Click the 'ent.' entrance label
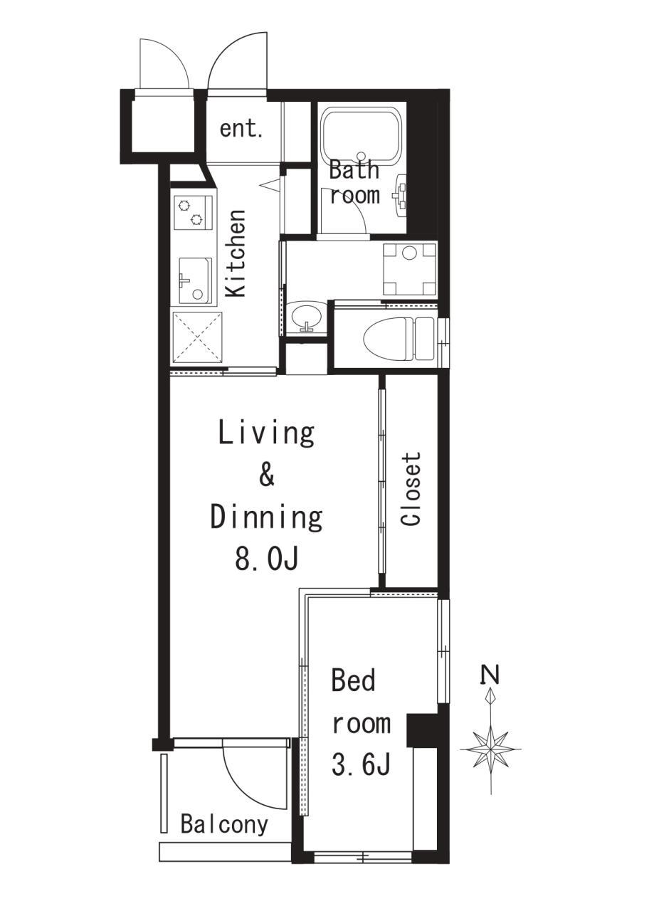241,130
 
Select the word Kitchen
236,254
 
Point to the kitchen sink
195,280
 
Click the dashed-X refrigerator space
198,337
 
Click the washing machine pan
410,268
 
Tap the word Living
266,434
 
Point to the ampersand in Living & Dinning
267,475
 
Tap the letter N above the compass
491,675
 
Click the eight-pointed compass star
491,748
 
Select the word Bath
354,169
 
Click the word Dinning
267,517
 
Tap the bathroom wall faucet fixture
401,193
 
